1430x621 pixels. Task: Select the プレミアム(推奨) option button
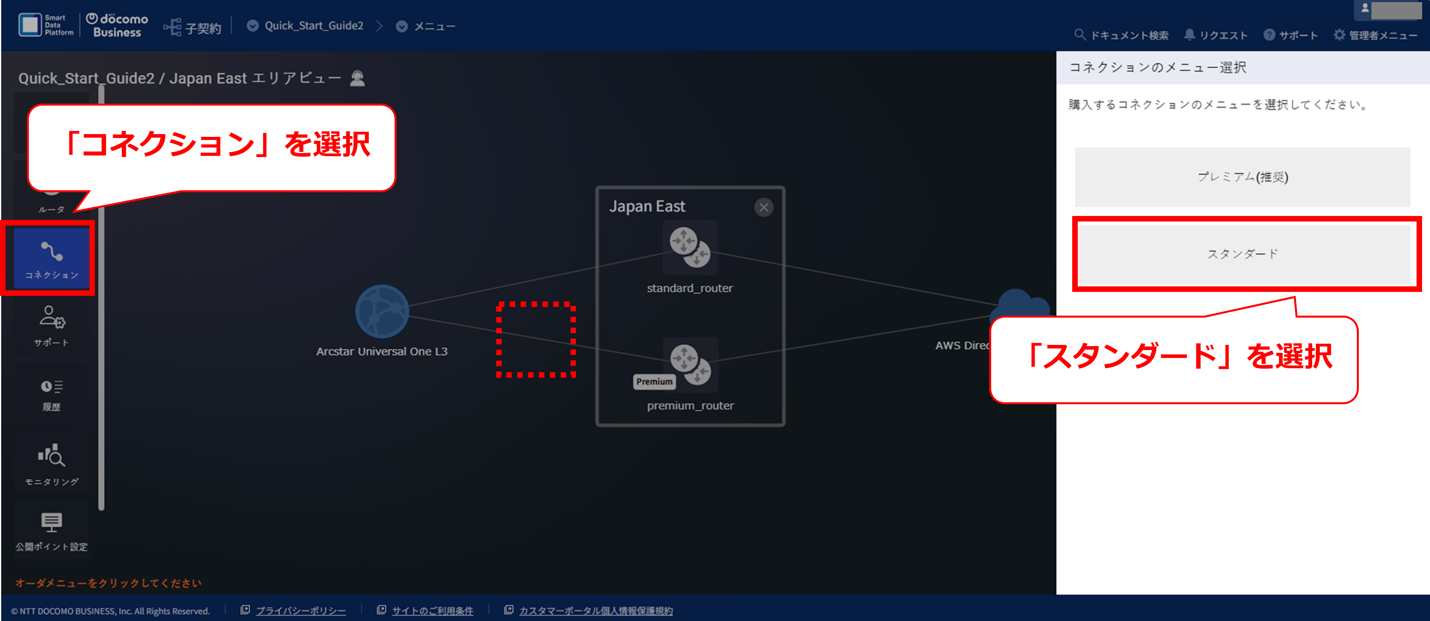1242,177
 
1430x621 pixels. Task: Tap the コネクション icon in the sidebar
52,258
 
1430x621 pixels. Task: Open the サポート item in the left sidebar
52,326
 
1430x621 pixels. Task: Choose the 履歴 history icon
52,394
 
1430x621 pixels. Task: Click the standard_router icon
690,247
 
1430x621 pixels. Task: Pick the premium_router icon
691,364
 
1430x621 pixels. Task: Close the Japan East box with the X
764,207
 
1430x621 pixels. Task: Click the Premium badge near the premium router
654,382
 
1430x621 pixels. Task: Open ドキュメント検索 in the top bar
1121,35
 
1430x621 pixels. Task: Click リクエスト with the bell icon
1216,35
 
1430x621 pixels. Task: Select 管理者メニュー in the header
1375,35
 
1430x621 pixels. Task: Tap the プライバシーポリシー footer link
300,610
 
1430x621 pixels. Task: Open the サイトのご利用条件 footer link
433,610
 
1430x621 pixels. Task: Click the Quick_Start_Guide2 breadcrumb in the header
314,26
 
